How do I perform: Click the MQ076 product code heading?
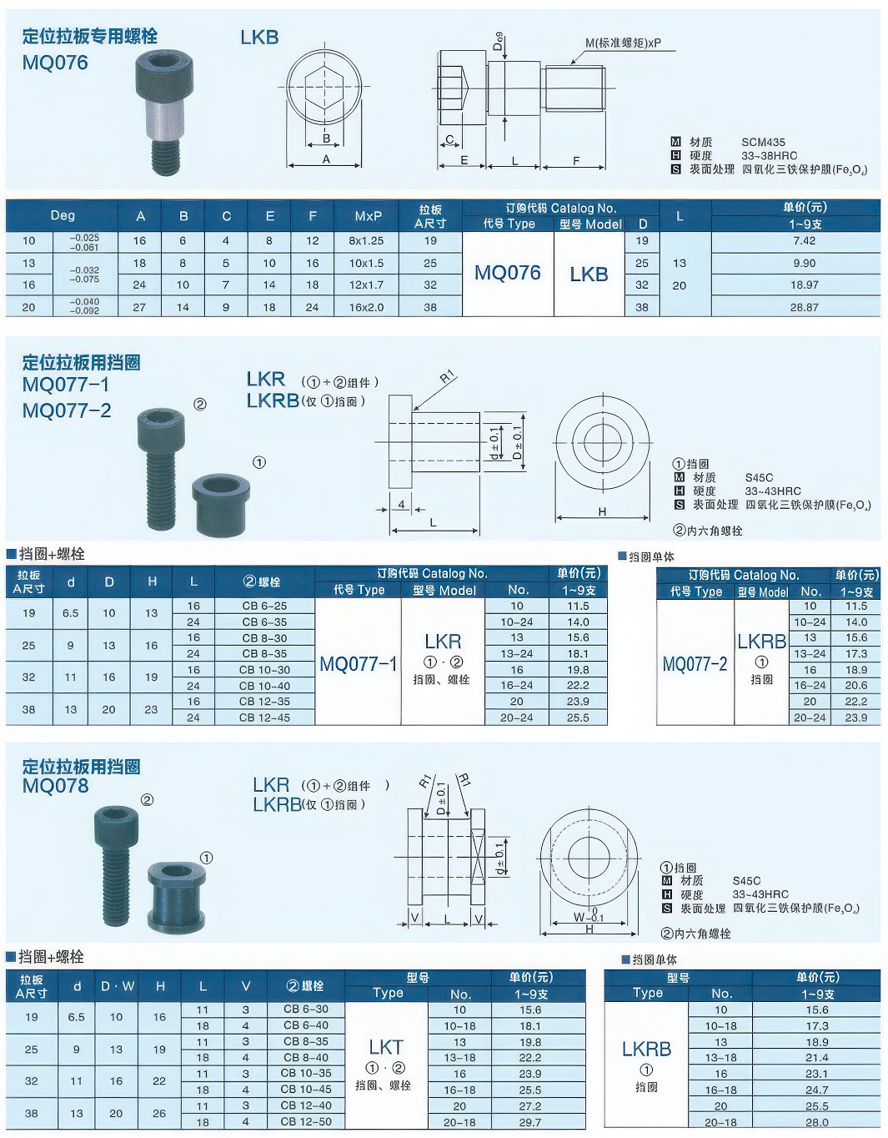55,63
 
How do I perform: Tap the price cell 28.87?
804,307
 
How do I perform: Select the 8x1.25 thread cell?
366,241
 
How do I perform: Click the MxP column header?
368,216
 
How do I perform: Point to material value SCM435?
763,142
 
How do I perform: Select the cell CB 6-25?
264,606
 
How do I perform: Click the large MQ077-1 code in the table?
359,664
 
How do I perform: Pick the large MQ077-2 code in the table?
695,664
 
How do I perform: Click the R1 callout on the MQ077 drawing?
447,376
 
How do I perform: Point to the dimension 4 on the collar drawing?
401,504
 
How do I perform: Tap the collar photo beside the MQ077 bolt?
221,505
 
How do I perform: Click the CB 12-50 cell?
306,1121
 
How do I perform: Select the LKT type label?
385,1047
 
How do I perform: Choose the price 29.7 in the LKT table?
530,1121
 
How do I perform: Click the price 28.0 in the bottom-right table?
817,1122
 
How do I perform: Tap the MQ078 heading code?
55,786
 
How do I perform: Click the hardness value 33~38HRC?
769,155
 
